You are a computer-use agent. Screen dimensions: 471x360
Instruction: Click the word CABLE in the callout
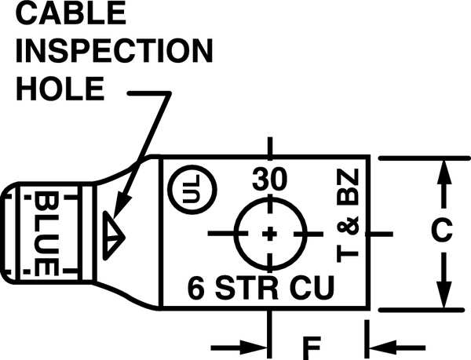coord(71,14)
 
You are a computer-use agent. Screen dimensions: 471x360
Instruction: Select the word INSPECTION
coord(114,50)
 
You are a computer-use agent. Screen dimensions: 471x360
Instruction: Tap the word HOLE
coord(60,89)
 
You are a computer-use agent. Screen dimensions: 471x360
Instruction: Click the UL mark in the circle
coord(192,189)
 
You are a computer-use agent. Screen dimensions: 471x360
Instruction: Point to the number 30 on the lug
coord(269,180)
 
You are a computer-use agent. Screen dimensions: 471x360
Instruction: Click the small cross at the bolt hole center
coord(270,234)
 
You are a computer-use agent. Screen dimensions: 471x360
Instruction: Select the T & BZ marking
coord(348,216)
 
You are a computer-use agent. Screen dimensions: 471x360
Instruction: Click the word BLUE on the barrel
coord(46,234)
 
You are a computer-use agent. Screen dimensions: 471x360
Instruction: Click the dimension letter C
coord(442,230)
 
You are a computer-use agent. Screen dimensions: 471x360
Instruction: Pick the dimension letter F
coord(311,348)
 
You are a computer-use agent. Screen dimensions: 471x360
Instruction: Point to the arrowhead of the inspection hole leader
coord(122,206)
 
